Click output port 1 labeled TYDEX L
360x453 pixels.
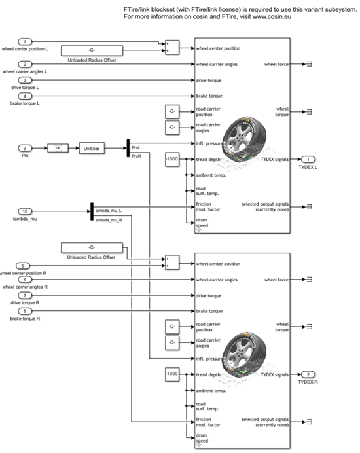(x=306, y=159)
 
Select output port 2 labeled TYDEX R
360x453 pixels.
(x=306, y=374)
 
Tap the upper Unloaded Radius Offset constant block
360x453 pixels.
(x=92, y=50)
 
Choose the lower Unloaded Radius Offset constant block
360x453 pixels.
(x=92, y=247)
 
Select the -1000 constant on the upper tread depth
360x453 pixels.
(x=171, y=159)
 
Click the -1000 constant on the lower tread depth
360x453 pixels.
(x=171, y=374)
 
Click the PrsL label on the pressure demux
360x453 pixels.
(x=136, y=148)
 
